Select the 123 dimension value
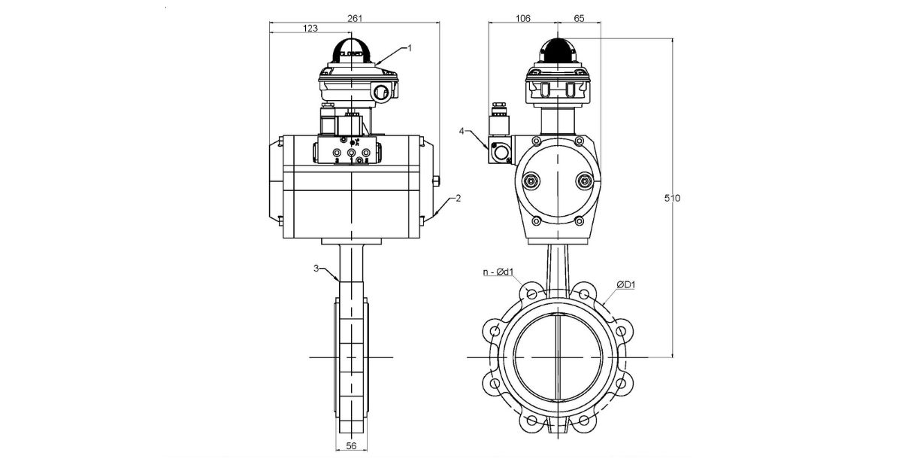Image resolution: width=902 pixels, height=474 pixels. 309,28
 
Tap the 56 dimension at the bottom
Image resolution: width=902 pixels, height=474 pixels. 350,446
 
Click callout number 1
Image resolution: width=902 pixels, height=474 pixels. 410,47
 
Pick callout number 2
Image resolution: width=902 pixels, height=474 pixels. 458,199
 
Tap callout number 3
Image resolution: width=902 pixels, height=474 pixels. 318,267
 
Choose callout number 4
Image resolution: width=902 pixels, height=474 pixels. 462,131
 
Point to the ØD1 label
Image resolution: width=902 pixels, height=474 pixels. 627,284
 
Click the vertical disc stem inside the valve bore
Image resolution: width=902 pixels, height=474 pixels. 557,354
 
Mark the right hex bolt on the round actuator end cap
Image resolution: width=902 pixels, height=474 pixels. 583,181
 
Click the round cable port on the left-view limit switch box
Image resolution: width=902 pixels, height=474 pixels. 382,93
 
